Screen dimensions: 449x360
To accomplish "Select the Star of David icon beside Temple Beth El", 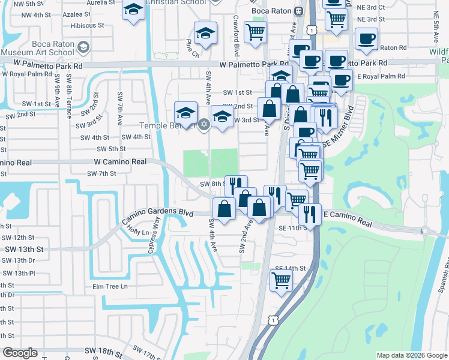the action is [x=203, y=125].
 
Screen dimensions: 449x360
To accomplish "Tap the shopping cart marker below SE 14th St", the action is [x=281, y=280].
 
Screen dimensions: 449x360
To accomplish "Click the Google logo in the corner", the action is [x=20, y=353].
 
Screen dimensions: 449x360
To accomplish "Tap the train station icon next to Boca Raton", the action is [x=298, y=11].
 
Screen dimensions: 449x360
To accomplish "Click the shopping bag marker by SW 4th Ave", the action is [x=224, y=209].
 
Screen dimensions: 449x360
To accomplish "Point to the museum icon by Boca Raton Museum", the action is [x=84, y=47].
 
